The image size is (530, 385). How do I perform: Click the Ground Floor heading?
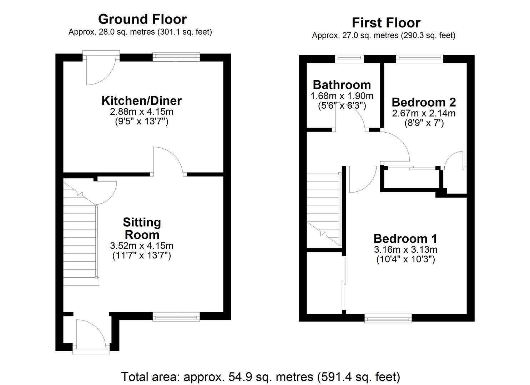click(142, 19)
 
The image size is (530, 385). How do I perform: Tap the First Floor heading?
click(386, 23)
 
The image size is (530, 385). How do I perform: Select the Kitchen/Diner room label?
click(142, 101)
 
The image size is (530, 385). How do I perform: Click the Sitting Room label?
click(142, 229)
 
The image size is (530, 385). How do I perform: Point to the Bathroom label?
click(342, 85)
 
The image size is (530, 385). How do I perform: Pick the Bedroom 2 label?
click(424, 102)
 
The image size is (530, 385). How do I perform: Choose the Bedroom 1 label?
click(405, 238)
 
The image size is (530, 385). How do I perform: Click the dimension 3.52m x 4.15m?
click(142, 246)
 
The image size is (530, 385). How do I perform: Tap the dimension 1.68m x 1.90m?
click(342, 96)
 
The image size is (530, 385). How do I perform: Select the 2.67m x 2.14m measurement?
click(424, 113)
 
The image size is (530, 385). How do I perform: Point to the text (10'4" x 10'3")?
click(405, 259)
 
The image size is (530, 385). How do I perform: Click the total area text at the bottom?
click(261, 376)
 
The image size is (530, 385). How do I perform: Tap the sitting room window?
click(176, 316)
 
